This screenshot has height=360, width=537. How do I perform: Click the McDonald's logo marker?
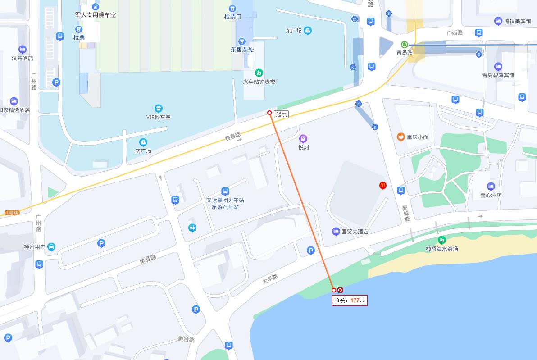click(x=383, y=185)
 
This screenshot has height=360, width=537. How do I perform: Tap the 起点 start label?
click(x=282, y=114)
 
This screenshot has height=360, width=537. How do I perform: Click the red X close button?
click(x=340, y=290)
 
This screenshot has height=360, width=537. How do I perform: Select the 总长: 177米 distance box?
click(x=350, y=301)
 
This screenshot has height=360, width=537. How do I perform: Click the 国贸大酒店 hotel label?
click(x=355, y=232)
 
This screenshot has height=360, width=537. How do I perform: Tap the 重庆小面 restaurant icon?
click(x=400, y=137)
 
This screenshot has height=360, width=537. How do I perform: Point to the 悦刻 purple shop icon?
click(x=303, y=138)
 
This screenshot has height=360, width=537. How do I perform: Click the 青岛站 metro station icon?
click(x=405, y=45)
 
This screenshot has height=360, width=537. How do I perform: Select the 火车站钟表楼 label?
click(x=259, y=82)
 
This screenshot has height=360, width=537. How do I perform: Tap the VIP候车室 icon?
click(x=158, y=109)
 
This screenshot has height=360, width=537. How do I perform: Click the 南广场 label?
click(x=143, y=151)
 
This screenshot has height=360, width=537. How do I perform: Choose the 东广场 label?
click(x=293, y=31)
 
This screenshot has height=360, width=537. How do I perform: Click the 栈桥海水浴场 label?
click(x=441, y=248)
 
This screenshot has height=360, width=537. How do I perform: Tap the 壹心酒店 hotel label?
click(x=491, y=195)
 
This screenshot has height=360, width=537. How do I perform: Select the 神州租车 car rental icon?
click(x=51, y=246)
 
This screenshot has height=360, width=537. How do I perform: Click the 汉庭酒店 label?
click(x=23, y=58)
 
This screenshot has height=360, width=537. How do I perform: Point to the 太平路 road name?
click(x=270, y=279)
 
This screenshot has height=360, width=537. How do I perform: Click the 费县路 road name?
click(x=233, y=137)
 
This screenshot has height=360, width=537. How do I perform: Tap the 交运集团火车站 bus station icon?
click(x=225, y=191)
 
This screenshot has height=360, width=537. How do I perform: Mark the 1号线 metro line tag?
click(x=12, y=213)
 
